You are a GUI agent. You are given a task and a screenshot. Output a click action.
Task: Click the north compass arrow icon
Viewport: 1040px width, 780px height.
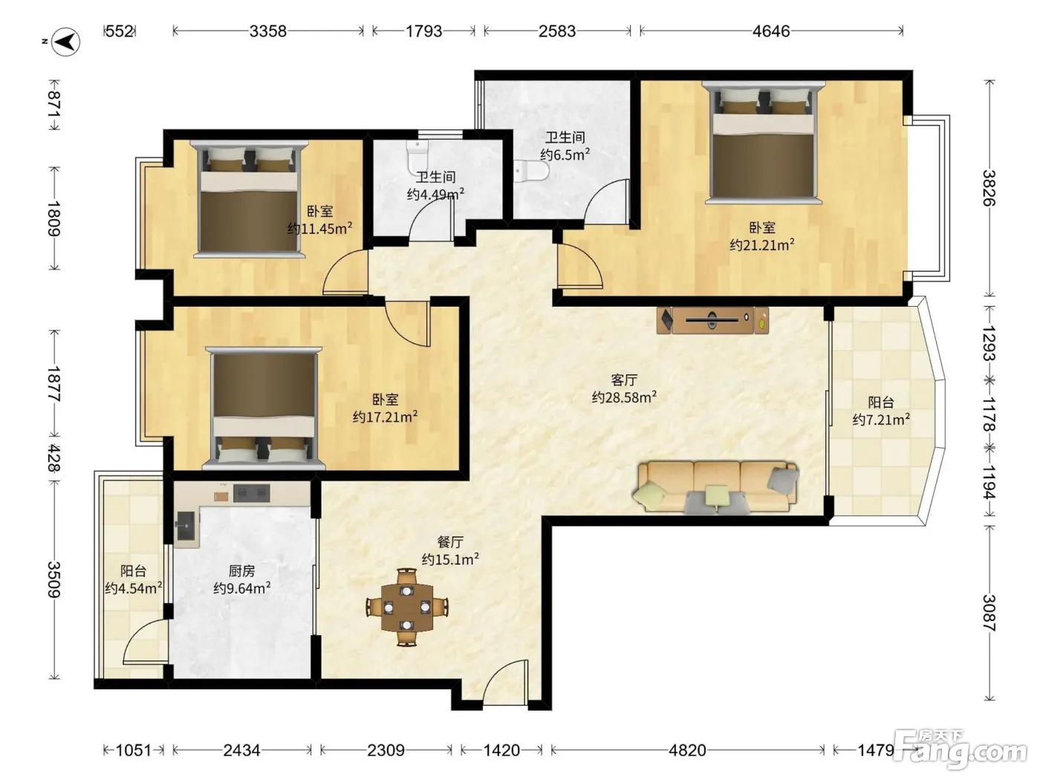click(66, 42)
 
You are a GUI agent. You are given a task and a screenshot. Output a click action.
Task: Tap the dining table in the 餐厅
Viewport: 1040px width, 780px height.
click(407, 608)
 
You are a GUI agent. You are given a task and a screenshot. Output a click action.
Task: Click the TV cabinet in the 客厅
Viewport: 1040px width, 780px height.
click(712, 321)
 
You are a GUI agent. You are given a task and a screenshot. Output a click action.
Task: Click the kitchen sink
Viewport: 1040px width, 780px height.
click(187, 526)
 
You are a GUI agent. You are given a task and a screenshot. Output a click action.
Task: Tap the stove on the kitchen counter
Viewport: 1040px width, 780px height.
click(251, 493)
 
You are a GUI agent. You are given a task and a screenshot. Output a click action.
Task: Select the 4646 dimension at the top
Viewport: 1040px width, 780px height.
click(771, 31)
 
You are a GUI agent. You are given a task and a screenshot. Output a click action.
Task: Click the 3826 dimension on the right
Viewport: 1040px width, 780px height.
click(989, 188)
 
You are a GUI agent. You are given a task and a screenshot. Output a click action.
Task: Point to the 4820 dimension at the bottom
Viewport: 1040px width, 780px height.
click(687, 750)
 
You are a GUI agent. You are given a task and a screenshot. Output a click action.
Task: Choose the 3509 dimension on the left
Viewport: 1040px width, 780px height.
click(54, 579)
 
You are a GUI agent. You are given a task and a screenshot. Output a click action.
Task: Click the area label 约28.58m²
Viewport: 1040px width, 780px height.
click(624, 397)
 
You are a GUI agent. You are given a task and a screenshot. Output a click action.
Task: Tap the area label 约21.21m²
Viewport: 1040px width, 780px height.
click(762, 245)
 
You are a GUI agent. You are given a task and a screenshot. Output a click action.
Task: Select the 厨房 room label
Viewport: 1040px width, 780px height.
click(241, 571)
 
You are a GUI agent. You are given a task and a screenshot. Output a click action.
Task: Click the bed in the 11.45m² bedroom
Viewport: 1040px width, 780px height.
click(250, 199)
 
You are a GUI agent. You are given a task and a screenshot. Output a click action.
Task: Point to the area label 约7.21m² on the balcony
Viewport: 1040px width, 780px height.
click(881, 420)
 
